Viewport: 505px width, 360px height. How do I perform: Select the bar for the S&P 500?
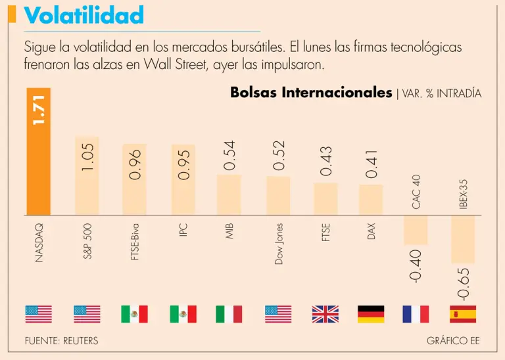point(87,191)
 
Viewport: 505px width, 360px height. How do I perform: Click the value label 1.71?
point(38,110)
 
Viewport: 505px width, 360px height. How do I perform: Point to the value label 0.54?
point(229,156)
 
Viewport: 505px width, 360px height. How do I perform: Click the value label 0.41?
point(372,164)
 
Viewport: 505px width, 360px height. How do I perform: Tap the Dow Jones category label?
point(279,244)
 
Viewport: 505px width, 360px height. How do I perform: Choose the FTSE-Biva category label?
point(135,242)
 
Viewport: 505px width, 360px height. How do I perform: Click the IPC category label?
point(183,231)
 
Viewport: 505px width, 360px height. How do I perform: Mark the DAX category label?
point(372,232)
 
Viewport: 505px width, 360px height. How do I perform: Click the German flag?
point(371,314)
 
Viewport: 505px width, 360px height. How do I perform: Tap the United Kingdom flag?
point(325,314)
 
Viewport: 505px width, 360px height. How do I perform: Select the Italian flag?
point(229,314)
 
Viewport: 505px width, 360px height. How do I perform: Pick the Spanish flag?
point(462,314)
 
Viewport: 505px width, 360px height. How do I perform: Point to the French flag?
point(416,314)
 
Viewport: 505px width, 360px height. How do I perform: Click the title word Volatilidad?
point(84,14)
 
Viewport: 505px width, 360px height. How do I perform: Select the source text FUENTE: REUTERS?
point(61,341)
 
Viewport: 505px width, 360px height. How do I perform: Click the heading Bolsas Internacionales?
point(311,93)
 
